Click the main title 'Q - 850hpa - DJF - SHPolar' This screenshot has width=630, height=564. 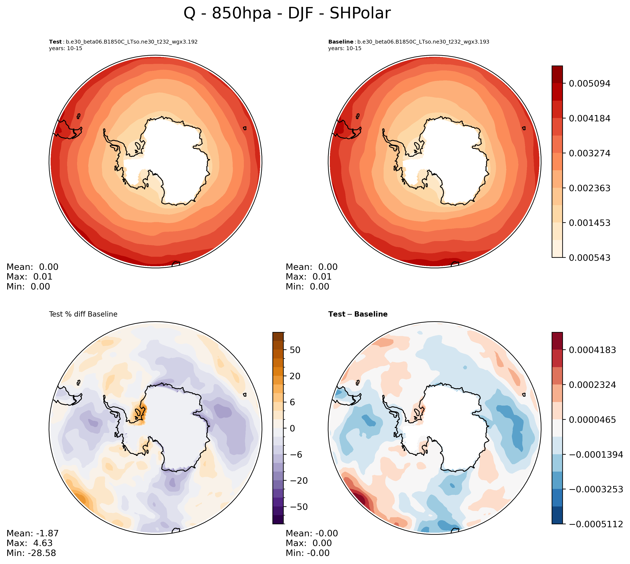(287, 13)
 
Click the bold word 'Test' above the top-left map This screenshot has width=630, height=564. (55, 42)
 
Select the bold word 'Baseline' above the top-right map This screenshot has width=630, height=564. (341, 42)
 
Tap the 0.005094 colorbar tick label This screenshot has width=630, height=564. (589, 84)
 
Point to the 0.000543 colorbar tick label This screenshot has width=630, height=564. (589, 258)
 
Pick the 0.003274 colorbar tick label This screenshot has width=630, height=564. (589, 153)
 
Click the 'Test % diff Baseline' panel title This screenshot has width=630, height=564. (83, 314)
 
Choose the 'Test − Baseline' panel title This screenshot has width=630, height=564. (358, 314)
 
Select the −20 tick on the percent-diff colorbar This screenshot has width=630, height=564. (299, 481)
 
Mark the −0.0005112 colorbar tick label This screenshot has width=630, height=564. (595, 524)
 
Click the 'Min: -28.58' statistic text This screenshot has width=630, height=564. (31, 553)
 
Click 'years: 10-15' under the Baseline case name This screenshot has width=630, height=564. (345, 48)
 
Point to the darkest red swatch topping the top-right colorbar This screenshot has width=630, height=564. (557, 74)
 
